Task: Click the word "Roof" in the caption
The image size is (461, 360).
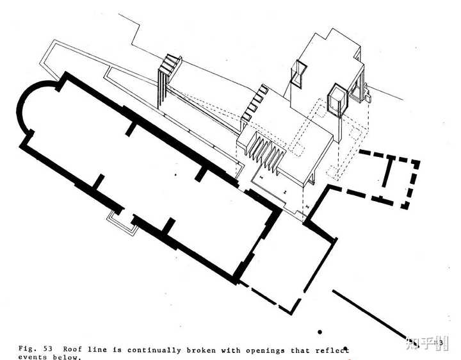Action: point(73,350)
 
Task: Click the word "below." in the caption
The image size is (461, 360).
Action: point(67,357)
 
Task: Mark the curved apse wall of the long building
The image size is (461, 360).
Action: point(26,109)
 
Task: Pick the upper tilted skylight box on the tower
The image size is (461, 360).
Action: point(298,74)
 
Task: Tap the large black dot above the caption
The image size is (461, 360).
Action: point(319,332)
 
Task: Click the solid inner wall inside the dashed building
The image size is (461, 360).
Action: point(387,170)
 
